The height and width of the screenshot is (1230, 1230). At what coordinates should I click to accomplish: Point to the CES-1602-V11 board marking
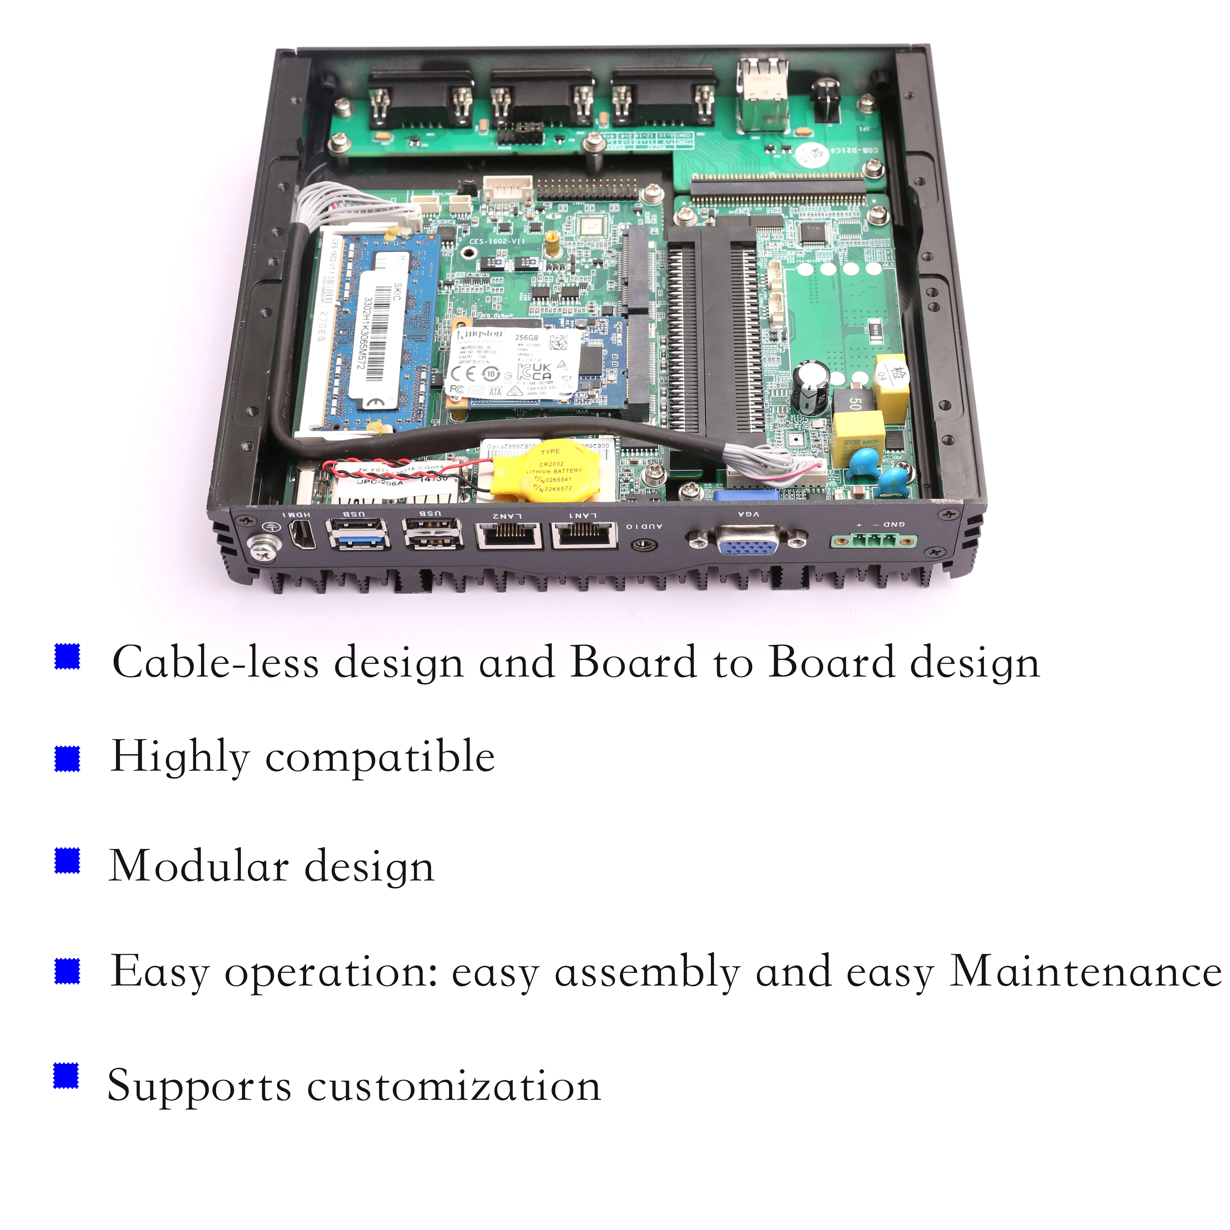[497, 242]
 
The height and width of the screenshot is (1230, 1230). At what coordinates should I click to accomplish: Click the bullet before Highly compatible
[68, 758]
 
